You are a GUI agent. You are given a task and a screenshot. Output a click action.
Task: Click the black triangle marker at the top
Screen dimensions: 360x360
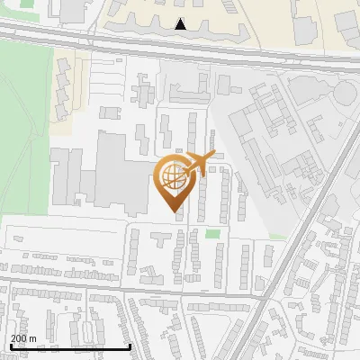[x=181, y=24]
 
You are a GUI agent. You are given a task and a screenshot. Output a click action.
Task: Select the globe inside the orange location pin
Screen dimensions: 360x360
[x=175, y=178]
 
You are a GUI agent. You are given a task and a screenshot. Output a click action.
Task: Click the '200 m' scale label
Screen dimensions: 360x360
[x=24, y=338]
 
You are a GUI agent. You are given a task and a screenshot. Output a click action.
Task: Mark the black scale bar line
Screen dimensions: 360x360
[x=70, y=346]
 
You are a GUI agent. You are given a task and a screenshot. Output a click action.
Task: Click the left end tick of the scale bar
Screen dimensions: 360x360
[x=10, y=345]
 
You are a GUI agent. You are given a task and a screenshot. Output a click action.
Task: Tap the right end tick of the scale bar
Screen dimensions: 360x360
[x=130, y=345]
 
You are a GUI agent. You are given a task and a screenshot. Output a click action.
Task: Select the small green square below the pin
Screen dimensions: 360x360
[x=212, y=235]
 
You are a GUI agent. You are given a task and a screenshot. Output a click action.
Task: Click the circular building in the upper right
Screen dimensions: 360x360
[x=345, y=94]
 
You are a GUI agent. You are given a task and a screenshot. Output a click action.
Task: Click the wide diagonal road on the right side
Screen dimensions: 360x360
[x=297, y=252]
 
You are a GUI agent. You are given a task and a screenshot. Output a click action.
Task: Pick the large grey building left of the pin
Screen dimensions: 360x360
[x=108, y=171]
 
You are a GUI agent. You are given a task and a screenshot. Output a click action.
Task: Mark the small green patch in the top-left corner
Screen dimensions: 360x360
[x=27, y=4]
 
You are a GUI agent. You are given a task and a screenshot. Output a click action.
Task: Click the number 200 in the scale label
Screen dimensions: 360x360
[x=19, y=338]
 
